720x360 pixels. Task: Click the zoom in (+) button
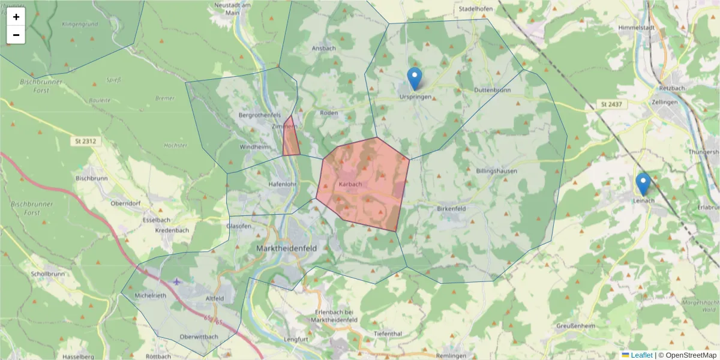16,17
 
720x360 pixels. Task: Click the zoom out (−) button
16,35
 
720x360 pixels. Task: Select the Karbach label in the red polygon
350,184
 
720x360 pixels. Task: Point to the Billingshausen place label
496,171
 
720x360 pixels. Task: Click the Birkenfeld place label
452,208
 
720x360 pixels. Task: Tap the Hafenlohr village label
283,184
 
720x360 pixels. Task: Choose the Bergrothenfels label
260,115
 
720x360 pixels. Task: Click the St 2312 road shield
86,142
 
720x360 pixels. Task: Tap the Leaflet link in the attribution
641,355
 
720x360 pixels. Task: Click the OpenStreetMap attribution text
691,355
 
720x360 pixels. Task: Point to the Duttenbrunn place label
492,90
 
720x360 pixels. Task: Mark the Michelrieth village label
151,296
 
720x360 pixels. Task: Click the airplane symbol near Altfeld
176,281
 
